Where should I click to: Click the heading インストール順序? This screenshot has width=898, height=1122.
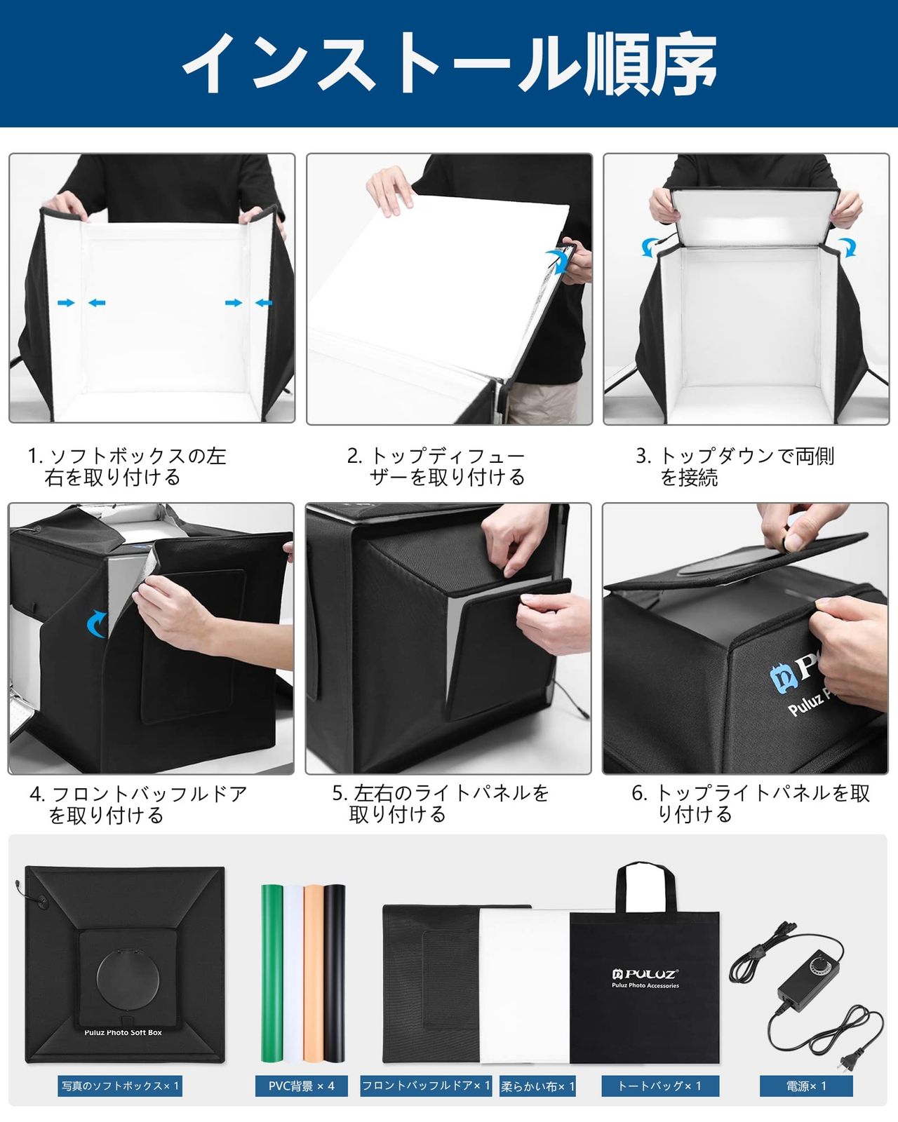449,63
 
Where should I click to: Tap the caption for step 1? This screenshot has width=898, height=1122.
126,467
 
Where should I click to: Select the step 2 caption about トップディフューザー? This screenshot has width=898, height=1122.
436,467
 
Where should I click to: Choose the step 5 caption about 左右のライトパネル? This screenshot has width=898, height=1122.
440,804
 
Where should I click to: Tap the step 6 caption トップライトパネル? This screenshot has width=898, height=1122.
751,804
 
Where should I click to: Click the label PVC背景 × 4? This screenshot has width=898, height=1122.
302,1086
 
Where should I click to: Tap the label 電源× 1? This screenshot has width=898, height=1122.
806,1086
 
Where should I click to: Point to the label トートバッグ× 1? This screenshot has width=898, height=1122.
659,1086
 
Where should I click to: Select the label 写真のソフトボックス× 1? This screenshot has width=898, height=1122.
120,1086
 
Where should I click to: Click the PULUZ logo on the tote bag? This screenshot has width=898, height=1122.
644,973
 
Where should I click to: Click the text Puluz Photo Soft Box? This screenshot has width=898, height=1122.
123,1032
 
